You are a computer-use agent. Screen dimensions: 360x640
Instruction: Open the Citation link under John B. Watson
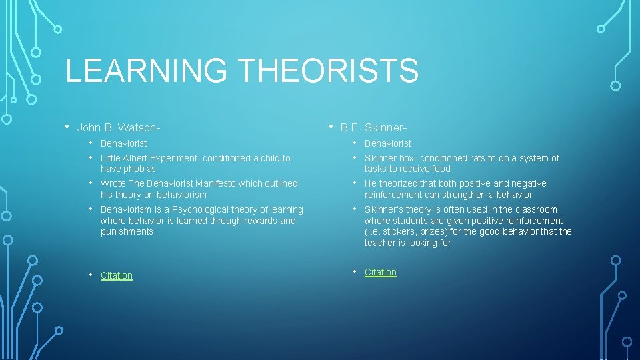(x=117, y=275)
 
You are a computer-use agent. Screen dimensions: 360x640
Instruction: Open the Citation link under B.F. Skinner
(x=380, y=272)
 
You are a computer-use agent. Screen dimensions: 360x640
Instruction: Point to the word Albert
(x=135, y=158)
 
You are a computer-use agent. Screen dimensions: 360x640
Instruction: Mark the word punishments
(x=128, y=231)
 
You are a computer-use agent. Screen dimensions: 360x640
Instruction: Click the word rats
(x=497, y=158)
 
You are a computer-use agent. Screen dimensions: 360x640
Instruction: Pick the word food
(x=439, y=169)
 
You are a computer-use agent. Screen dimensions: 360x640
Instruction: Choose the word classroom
(x=534, y=209)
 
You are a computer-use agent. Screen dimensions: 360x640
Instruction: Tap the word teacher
(x=381, y=243)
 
